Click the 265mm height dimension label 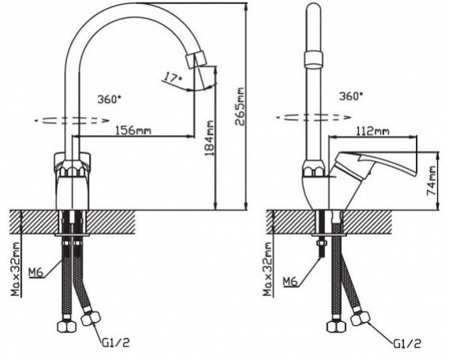[x=240, y=107]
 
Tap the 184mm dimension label [x=210, y=138]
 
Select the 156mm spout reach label [x=133, y=130]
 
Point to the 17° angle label [x=173, y=77]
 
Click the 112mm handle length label [x=372, y=131]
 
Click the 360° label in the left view [x=109, y=99]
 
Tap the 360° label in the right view [x=351, y=96]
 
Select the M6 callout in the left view [x=36, y=272]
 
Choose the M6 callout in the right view [x=290, y=282]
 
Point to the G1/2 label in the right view [x=407, y=344]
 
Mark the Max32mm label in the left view [x=15, y=269]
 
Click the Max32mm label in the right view [x=268, y=269]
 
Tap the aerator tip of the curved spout [x=196, y=60]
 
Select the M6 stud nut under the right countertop [x=322, y=243]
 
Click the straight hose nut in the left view [x=67, y=327]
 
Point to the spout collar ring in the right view [x=314, y=59]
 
